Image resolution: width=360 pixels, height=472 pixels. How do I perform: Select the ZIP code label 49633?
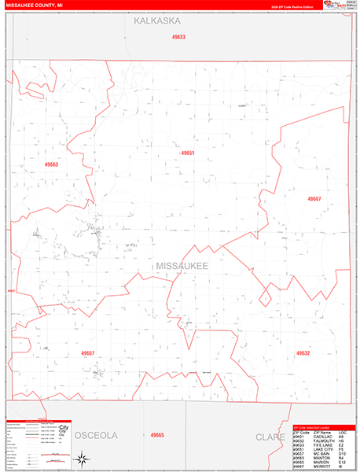(178, 37)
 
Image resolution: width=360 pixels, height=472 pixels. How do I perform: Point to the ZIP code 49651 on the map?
(187, 153)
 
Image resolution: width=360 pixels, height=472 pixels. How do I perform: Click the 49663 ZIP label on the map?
(52, 164)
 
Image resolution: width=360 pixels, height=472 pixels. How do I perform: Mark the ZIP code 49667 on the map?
(314, 199)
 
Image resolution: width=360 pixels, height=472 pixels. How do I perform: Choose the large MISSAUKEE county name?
(182, 267)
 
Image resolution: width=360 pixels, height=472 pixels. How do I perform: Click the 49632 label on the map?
(303, 354)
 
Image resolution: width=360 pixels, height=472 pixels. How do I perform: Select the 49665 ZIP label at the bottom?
(157, 435)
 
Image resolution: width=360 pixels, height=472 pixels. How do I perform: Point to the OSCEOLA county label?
(96, 435)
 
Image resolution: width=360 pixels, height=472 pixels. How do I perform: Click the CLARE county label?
(270, 435)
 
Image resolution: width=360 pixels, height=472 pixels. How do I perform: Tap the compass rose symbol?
(82, 458)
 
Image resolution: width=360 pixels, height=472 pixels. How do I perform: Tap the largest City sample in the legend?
(62, 428)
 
